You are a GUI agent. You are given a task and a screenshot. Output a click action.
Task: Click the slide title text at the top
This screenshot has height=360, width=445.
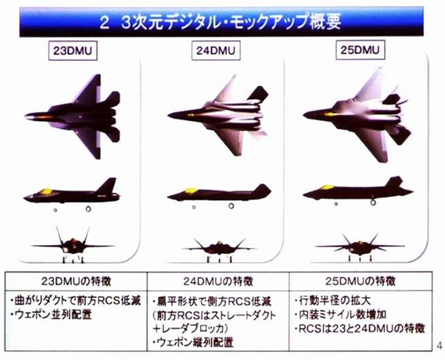point(223,21)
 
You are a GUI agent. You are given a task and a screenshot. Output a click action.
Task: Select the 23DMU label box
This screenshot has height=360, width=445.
point(76,53)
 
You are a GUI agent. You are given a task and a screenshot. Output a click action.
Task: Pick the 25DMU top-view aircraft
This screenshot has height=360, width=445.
point(355,115)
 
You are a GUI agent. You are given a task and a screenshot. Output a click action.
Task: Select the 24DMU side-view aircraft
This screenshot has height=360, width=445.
point(216,194)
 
